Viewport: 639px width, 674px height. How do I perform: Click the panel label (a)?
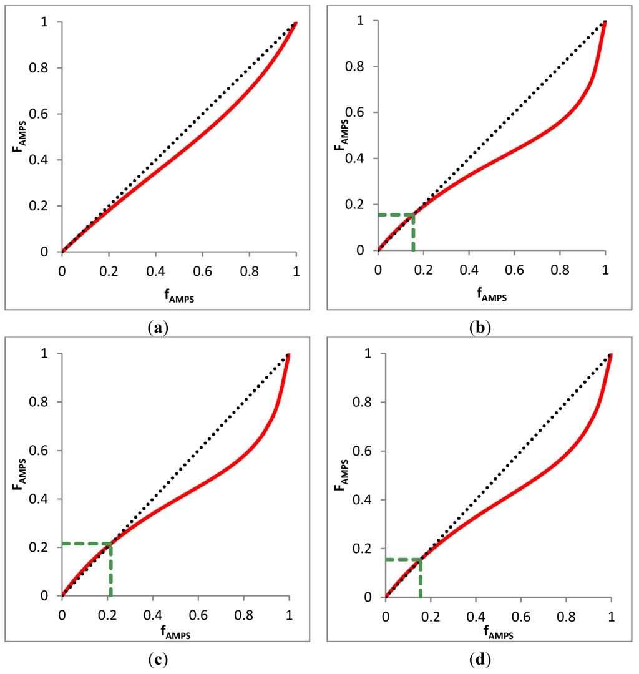click(156, 326)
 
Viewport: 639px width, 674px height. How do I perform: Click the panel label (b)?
click(480, 326)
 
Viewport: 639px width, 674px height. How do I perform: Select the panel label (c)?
click(156, 659)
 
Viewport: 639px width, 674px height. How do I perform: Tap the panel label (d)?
click(480, 659)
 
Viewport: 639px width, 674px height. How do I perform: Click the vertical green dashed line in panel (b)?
click(413, 234)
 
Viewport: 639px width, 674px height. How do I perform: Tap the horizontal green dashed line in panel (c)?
click(86, 544)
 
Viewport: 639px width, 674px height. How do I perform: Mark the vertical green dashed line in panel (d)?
click(420, 579)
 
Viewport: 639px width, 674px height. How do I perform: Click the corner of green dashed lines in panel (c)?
click(110, 544)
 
